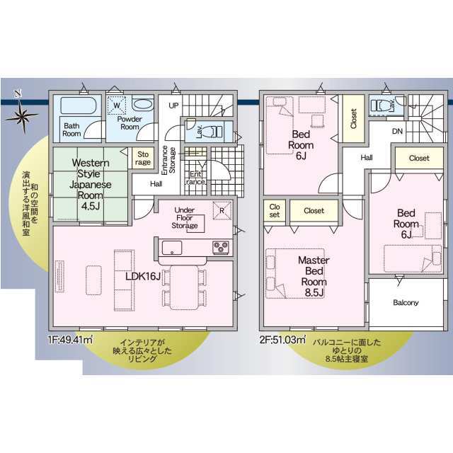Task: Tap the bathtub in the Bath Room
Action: point(78,105)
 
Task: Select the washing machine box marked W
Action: point(117,105)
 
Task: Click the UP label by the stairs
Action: point(173,105)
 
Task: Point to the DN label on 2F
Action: point(397,131)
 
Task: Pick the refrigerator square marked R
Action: point(222,210)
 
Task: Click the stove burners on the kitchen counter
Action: point(221,247)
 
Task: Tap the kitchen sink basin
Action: point(172,248)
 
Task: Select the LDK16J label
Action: point(143,277)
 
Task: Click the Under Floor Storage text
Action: point(185,218)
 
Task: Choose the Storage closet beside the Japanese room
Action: point(143,159)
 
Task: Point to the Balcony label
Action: point(406,302)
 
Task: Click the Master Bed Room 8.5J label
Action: point(314,276)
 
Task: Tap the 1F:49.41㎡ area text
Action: point(71,340)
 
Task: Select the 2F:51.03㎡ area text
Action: point(282,340)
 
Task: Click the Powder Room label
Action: point(130,122)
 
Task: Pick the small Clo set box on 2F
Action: point(275,211)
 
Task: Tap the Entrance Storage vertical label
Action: point(168,160)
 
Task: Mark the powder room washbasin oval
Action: point(144,104)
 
